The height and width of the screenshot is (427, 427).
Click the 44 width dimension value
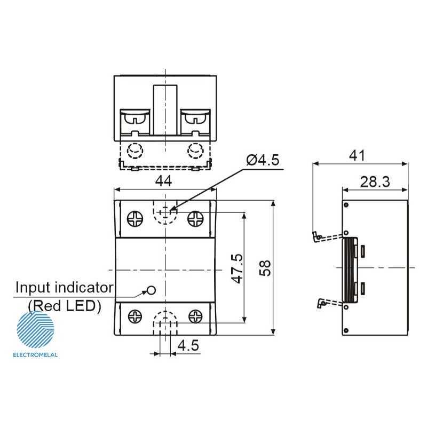(164, 181)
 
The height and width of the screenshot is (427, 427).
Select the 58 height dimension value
(265, 268)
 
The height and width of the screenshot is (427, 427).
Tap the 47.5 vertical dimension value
(236, 268)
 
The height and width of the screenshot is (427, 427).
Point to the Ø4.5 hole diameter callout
(263, 160)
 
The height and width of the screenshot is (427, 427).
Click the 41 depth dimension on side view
(357, 156)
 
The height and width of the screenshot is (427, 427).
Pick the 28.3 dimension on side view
(375, 181)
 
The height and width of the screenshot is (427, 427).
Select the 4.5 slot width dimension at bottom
(188, 345)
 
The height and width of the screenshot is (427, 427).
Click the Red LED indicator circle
(151, 290)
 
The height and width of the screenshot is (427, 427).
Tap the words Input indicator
(65, 288)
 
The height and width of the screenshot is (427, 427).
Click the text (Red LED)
(65, 306)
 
